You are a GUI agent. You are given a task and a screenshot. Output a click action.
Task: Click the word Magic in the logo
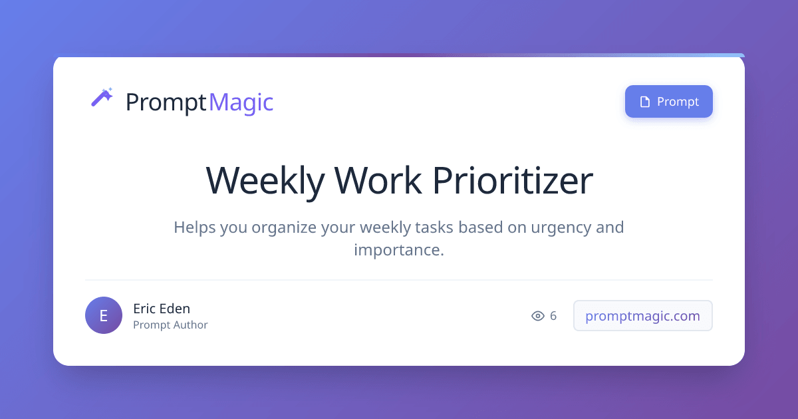[241, 102]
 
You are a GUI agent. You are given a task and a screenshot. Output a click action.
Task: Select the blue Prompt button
[668, 102]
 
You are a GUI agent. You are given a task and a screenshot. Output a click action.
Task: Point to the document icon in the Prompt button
[644, 102]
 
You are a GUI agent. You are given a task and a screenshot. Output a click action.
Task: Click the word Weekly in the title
[265, 180]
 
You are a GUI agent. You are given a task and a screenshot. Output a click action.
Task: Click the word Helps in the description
[192, 227]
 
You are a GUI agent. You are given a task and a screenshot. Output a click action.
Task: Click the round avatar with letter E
[104, 315]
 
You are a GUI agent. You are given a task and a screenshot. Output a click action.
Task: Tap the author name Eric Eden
[162, 309]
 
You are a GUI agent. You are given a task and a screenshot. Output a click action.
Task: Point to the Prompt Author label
[170, 325]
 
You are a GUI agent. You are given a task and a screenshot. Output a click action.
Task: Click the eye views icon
[538, 316]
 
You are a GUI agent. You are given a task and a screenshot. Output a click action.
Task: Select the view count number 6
[553, 316]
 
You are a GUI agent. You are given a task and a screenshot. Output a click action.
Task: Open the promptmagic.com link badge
[642, 316]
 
